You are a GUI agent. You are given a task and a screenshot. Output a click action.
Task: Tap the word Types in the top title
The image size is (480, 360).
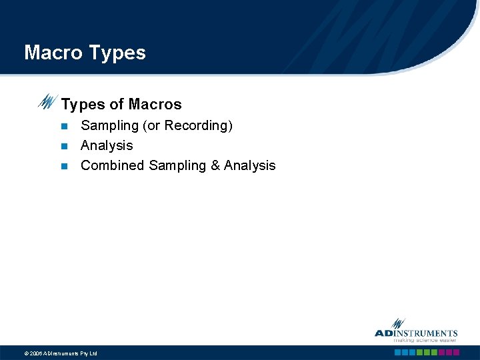tap(116, 53)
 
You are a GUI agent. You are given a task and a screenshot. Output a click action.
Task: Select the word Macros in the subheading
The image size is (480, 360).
tap(155, 105)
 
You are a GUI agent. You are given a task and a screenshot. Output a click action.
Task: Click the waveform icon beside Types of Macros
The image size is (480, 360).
tap(47, 102)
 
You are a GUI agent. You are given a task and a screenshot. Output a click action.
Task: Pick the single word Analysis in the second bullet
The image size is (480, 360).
tap(107, 145)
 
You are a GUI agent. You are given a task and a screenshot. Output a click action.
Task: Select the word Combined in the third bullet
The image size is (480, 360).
tap(113, 165)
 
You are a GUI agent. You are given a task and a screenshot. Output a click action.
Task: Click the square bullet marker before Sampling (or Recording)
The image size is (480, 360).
tap(64, 126)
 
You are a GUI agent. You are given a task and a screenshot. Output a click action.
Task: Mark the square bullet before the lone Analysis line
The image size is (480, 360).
tap(64, 146)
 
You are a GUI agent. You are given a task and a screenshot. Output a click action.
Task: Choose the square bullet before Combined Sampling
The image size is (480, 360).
tap(64, 166)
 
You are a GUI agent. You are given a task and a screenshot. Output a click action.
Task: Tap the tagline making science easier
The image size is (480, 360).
tap(425, 341)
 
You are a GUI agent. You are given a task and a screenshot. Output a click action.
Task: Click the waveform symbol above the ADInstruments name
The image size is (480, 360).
tap(399, 323)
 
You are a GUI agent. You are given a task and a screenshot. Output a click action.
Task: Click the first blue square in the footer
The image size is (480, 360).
tap(398, 352)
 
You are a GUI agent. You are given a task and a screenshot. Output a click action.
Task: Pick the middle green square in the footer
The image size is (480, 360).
tap(427, 352)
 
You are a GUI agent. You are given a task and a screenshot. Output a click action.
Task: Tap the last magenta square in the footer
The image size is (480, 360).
tap(457, 352)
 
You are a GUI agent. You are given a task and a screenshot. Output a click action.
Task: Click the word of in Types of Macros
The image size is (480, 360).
tap(117, 105)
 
